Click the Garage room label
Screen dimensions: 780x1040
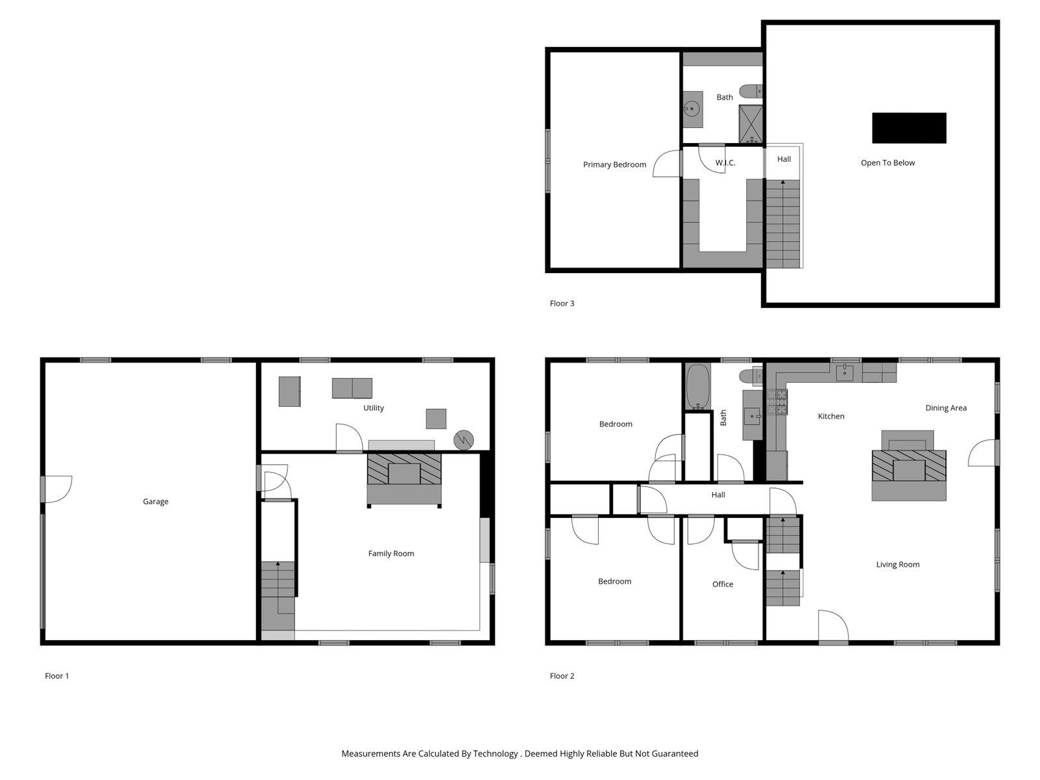point(155,501)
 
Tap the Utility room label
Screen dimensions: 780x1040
point(373,408)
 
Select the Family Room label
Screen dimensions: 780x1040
point(391,553)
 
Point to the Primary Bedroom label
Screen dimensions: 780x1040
point(614,164)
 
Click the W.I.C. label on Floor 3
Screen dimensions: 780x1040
point(725,162)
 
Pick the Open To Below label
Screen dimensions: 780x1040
point(887,162)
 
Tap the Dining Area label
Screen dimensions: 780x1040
point(946,408)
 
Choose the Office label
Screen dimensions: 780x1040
point(722,584)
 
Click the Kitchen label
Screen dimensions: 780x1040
point(831,416)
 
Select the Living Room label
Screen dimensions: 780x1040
point(898,564)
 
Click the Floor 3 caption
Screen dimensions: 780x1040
point(562,303)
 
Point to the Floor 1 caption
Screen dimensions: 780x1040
point(57,675)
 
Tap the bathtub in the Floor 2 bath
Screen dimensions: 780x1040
point(697,386)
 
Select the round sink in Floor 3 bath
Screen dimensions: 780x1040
point(692,109)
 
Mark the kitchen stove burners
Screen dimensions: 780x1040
point(777,402)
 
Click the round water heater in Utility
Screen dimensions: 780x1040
point(463,439)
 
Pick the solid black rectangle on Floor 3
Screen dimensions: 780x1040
point(909,127)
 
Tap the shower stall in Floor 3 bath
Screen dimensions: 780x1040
point(750,123)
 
